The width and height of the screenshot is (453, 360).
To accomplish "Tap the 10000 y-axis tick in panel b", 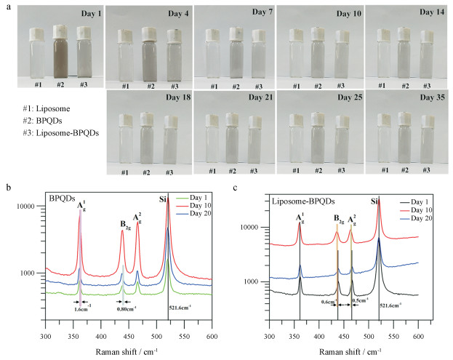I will [30, 207].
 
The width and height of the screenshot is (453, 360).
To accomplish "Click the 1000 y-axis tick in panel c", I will [254, 281].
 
